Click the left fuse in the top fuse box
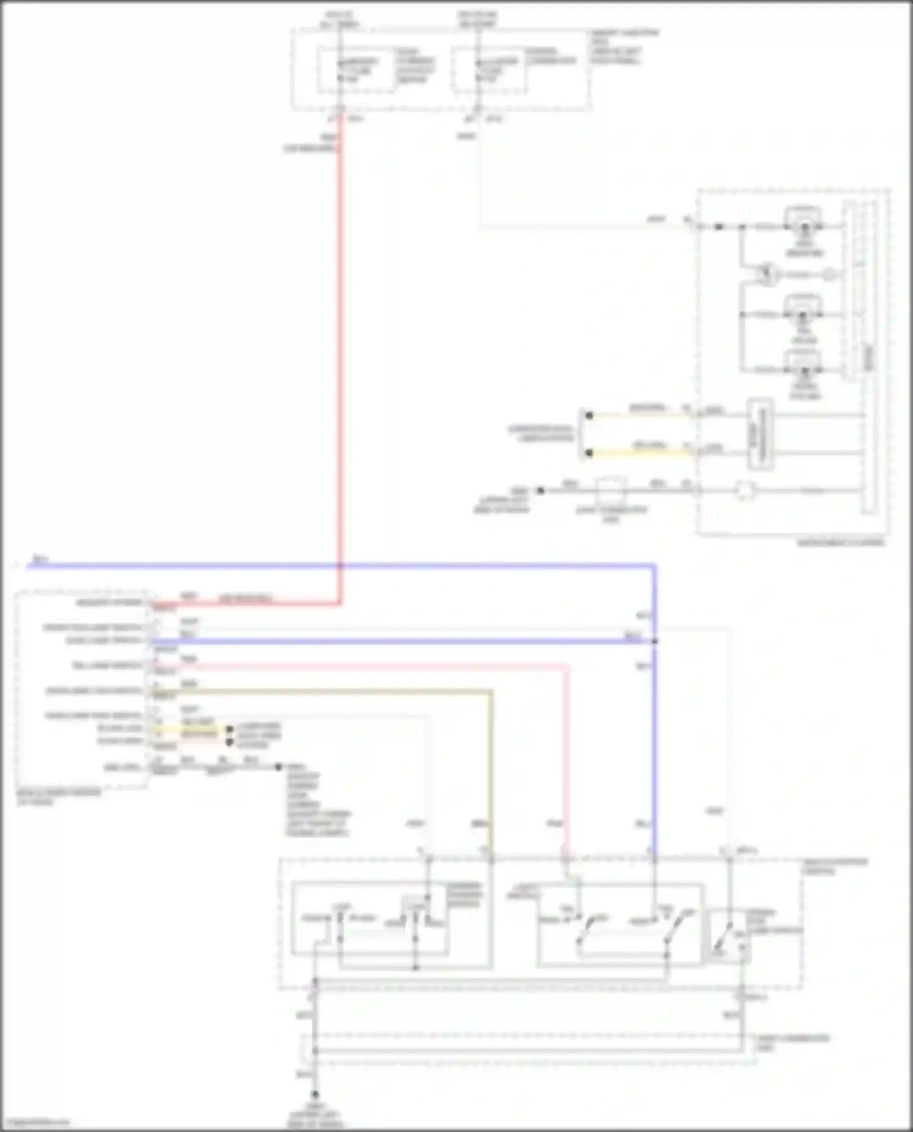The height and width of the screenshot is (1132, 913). [340, 71]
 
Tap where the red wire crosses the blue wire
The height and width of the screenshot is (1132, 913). [340, 566]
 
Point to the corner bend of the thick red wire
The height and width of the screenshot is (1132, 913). [340, 604]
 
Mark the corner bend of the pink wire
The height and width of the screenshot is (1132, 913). [567, 667]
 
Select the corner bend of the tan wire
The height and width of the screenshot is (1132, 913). [491, 692]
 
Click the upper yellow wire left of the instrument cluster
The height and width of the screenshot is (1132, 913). [642, 415]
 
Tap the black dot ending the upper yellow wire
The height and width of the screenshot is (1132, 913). [589, 415]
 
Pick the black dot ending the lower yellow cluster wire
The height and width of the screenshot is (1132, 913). [589, 453]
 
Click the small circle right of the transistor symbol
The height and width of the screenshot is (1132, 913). [830, 274]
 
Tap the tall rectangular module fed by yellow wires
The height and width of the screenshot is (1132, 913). [760, 434]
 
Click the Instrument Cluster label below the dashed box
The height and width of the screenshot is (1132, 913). [841, 543]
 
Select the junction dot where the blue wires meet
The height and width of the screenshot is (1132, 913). [655, 641]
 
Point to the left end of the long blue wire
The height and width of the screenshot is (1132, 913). [29, 566]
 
